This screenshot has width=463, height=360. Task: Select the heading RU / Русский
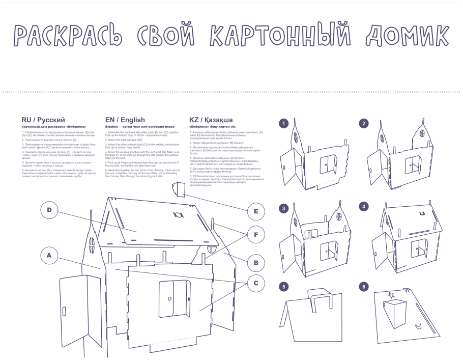pos(43,120)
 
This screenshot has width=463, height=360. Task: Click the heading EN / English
pos(125,120)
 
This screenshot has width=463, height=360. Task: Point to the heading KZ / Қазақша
pos(211,120)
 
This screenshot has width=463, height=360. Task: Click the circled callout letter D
pos(49,210)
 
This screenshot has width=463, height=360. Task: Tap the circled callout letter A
pos(49,256)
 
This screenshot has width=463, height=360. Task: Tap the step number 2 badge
pos(363,123)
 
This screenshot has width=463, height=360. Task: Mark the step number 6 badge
pos(363,286)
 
